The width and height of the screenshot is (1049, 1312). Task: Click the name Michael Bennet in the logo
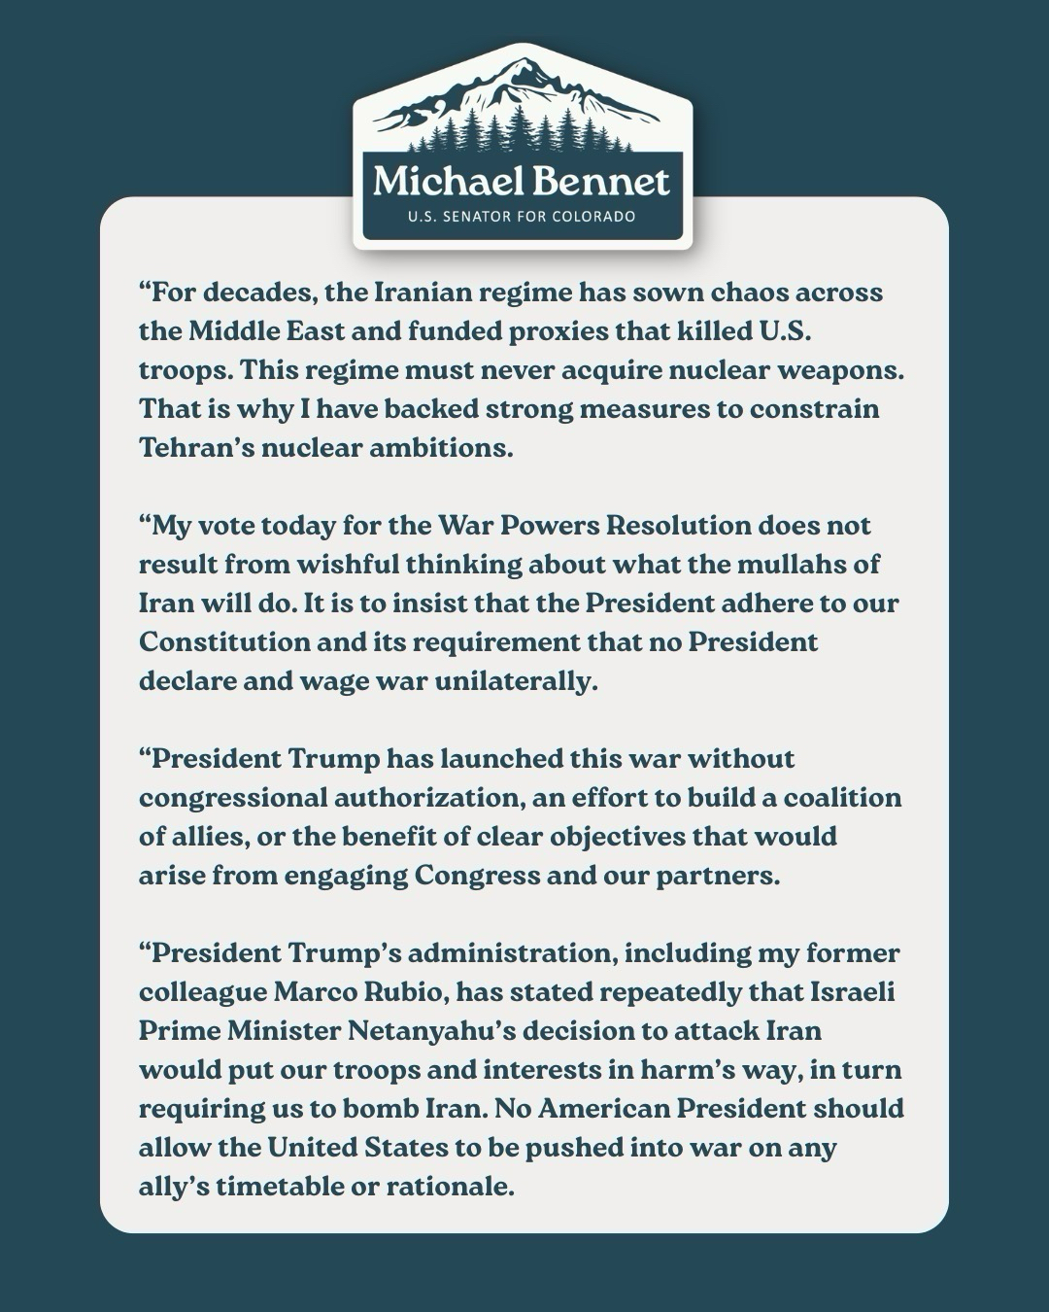click(522, 182)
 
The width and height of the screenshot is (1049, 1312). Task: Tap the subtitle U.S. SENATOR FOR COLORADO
click(522, 216)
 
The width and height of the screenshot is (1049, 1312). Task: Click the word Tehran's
click(197, 448)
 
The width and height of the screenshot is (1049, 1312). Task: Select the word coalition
click(842, 798)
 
